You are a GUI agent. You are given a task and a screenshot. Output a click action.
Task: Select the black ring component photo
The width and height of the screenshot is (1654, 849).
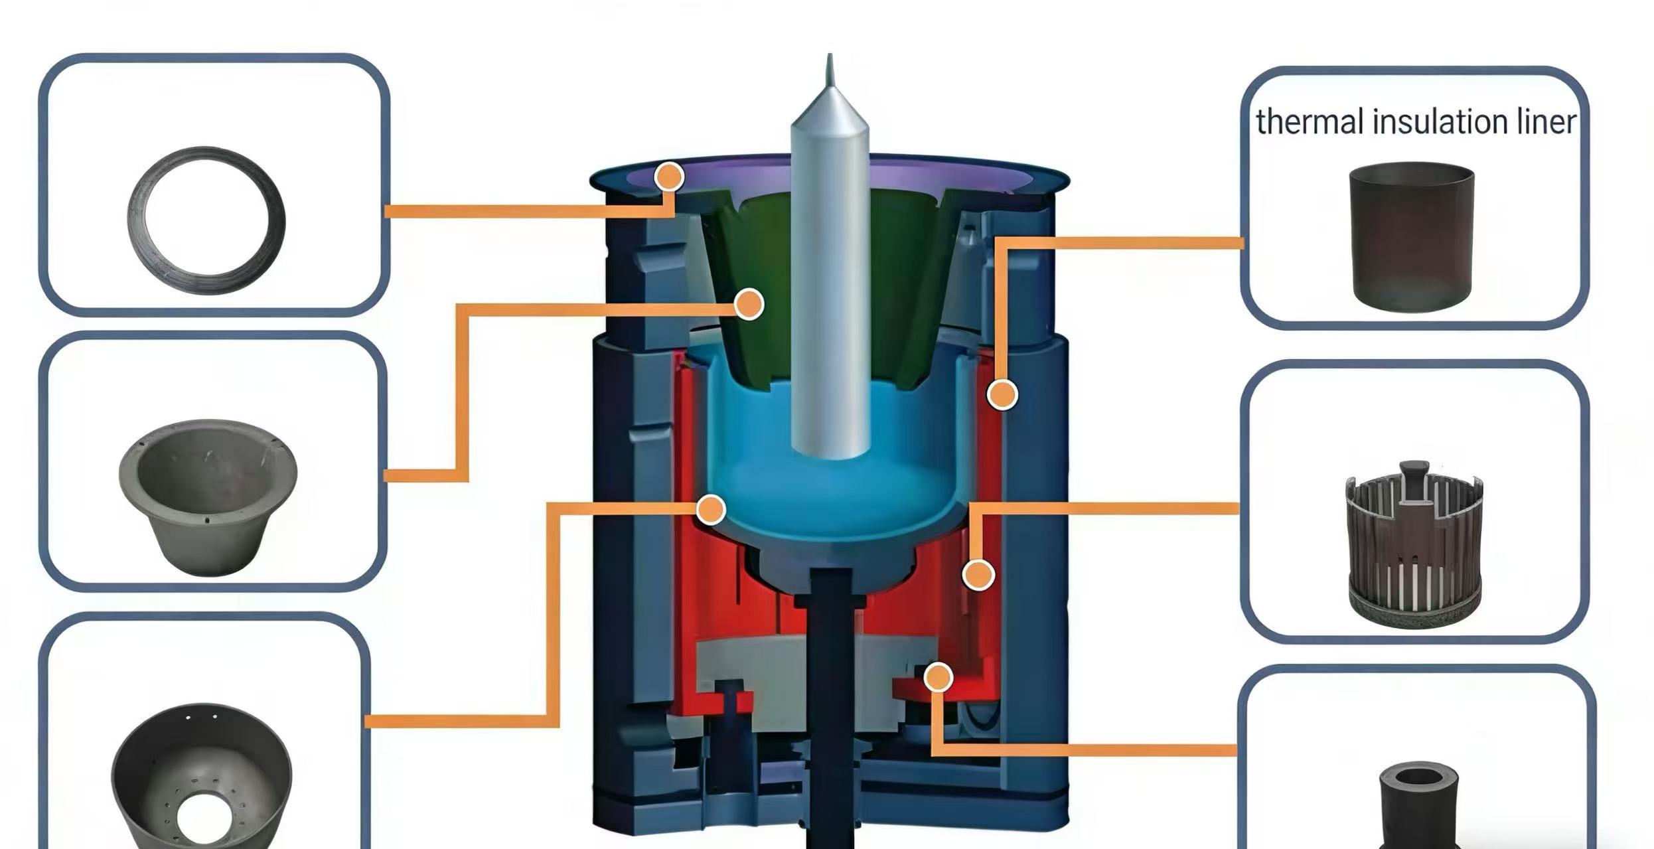point(206,220)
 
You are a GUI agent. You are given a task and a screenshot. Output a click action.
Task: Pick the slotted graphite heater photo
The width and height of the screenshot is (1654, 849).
point(1414,544)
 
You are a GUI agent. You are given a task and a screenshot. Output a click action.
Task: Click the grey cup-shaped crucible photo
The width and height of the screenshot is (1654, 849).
point(208,497)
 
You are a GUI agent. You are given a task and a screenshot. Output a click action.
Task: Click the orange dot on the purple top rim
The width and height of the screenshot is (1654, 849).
point(669,177)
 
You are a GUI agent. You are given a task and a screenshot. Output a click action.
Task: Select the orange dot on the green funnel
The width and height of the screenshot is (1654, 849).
point(749,304)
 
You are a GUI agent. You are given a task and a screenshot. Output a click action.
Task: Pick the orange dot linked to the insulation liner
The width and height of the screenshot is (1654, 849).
point(1002,394)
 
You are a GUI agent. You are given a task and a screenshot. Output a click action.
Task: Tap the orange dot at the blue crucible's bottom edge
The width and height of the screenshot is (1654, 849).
point(711,510)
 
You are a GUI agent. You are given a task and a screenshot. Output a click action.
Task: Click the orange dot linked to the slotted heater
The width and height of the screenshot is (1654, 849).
point(978,574)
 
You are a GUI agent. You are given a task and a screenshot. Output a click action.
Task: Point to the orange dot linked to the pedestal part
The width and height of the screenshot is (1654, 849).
point(938,678)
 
